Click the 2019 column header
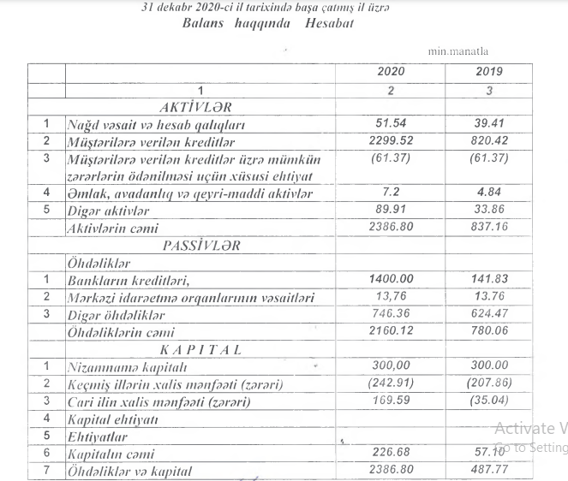pyautogui.click(x=488, y=72)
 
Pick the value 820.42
pyautogui.click(x=488, y=140)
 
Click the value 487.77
pyautogui.click(x=488, y=471)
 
